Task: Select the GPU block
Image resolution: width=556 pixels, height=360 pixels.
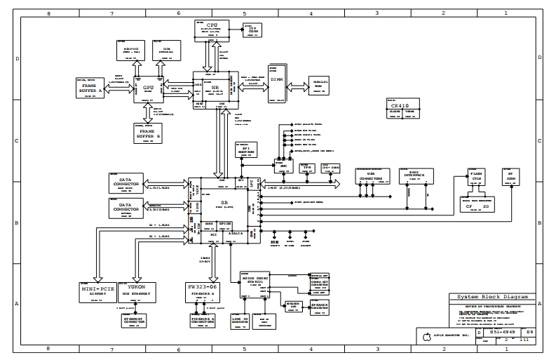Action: pos(147,88)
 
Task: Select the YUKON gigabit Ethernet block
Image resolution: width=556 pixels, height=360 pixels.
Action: pos(137,290)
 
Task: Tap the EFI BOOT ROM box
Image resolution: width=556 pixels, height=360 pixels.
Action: pos(242,149)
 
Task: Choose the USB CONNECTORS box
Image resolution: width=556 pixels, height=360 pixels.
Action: pos(371,178)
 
